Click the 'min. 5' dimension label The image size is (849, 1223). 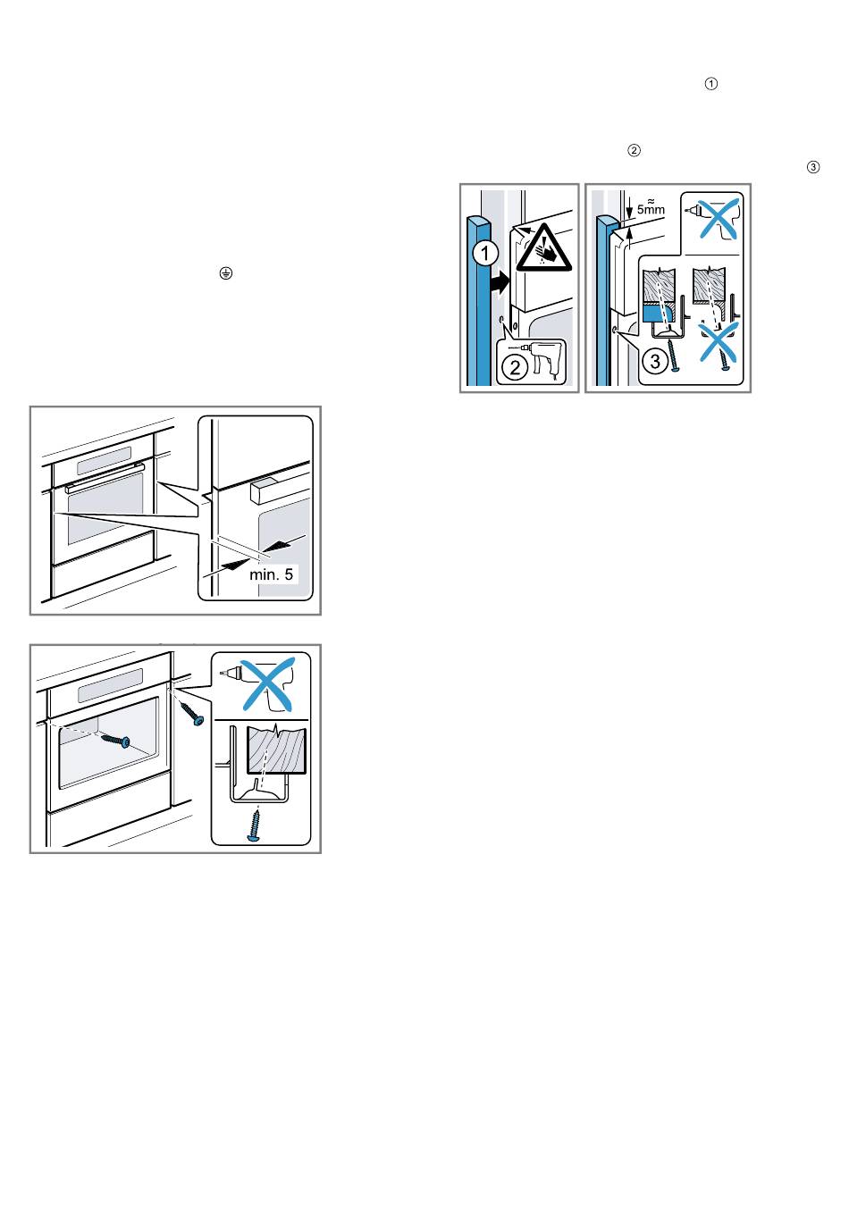pyautogui.click(x=271, y=574)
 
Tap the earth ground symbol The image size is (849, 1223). pyautogui.click(x=225, y=273)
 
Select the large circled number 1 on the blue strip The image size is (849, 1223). pyautogui.click(x=484, y=253)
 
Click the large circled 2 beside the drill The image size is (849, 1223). pyautogui.click(x=515, y=367)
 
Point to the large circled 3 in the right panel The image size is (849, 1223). pyautogui.click(x=654, y=361)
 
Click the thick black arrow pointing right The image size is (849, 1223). pyautogui.click(x=500, y=283)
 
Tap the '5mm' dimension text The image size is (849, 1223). pyautogui.click(x=651, y=209)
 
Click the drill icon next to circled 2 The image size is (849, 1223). pyautogui.click(x=541, y=356)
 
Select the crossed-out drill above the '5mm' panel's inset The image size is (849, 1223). pyautogui.click(x=713, y=218)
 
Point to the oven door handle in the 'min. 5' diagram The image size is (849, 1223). pyautogui.click(x=105, y=478)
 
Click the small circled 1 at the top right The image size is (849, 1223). pyautogui.click(x=710, y=84)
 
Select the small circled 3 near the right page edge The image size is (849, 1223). pyautogui.click(x=813, y=167)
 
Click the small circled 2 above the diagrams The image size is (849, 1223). pyautogui.click(x=634, y=151)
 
